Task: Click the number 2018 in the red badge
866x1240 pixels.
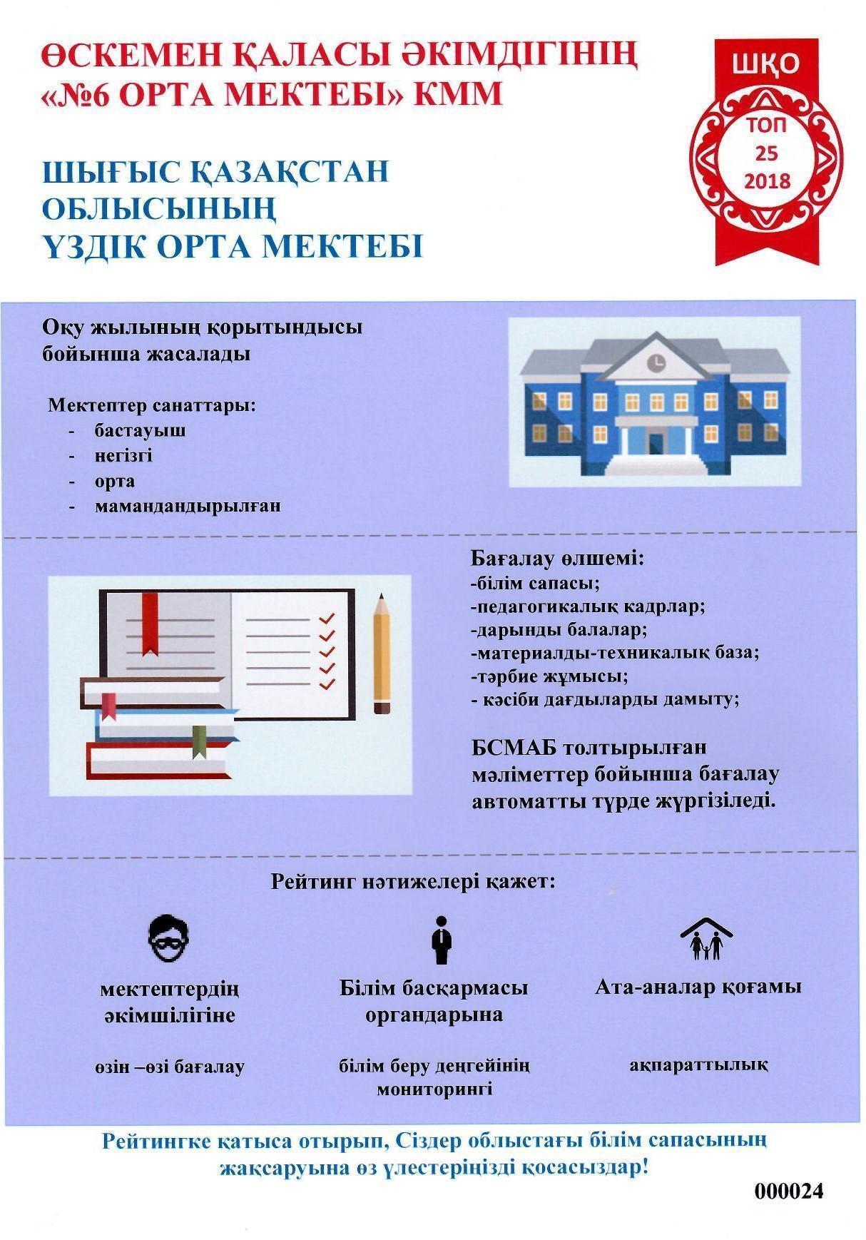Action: [767, 181]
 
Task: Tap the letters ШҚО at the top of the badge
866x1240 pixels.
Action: [767, 65]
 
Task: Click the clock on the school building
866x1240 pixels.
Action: [655, 362]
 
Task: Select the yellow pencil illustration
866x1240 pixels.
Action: [382, 653]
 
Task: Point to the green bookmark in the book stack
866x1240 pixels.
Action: [200, 742]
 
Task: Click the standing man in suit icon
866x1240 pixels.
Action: [441, 941]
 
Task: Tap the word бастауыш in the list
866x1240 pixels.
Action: [140, 431]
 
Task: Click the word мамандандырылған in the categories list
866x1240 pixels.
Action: [188, 507]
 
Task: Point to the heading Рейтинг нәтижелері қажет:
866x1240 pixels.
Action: [413, 881]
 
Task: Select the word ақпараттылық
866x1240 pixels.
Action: [698, 1065]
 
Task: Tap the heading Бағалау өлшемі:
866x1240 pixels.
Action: [558, 558]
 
